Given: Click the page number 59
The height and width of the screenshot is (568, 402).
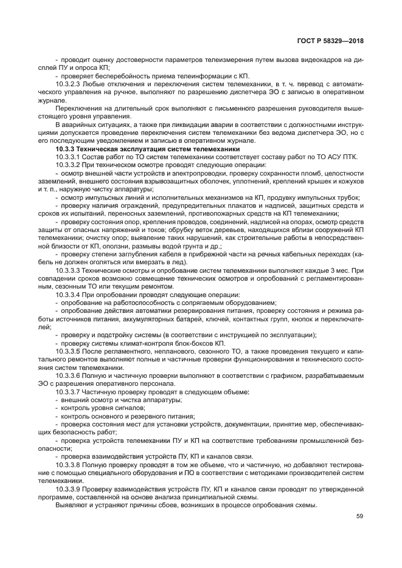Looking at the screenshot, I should (359, 516).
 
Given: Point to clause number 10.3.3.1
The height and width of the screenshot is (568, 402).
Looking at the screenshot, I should (69, 157).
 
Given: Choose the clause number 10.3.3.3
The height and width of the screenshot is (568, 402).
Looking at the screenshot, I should (69, 270).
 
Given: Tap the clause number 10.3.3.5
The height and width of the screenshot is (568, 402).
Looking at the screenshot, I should (69, 352).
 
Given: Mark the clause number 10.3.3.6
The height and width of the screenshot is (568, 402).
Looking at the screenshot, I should (69, 375).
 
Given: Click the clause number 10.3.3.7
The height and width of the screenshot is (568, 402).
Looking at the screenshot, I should (69, 392).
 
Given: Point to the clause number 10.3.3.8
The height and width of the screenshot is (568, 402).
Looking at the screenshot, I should (69, 465).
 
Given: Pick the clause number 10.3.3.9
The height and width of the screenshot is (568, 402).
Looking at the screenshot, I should (69, 488).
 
